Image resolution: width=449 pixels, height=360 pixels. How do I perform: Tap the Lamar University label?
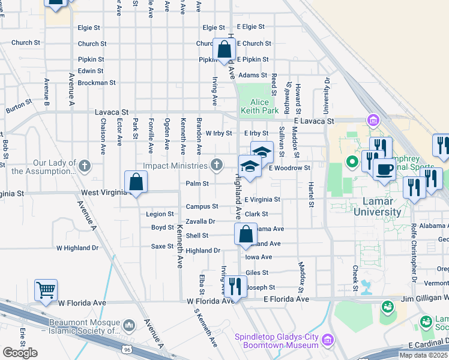(377, 206)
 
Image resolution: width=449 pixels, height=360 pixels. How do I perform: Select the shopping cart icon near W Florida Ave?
(46, 291)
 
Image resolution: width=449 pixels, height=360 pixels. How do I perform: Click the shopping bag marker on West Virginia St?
(136, 182)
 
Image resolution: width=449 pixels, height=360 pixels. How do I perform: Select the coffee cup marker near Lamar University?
(384, 169)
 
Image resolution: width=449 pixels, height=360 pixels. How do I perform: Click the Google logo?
(19, 353)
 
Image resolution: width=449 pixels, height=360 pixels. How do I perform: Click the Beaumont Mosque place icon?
(128, 326)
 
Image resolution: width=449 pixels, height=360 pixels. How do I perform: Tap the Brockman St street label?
(96, 83)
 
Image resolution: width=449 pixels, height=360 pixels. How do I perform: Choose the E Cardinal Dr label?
(428, 346)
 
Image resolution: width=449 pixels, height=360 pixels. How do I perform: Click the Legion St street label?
(160, 214)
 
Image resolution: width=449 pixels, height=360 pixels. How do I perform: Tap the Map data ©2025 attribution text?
(423, 355)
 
